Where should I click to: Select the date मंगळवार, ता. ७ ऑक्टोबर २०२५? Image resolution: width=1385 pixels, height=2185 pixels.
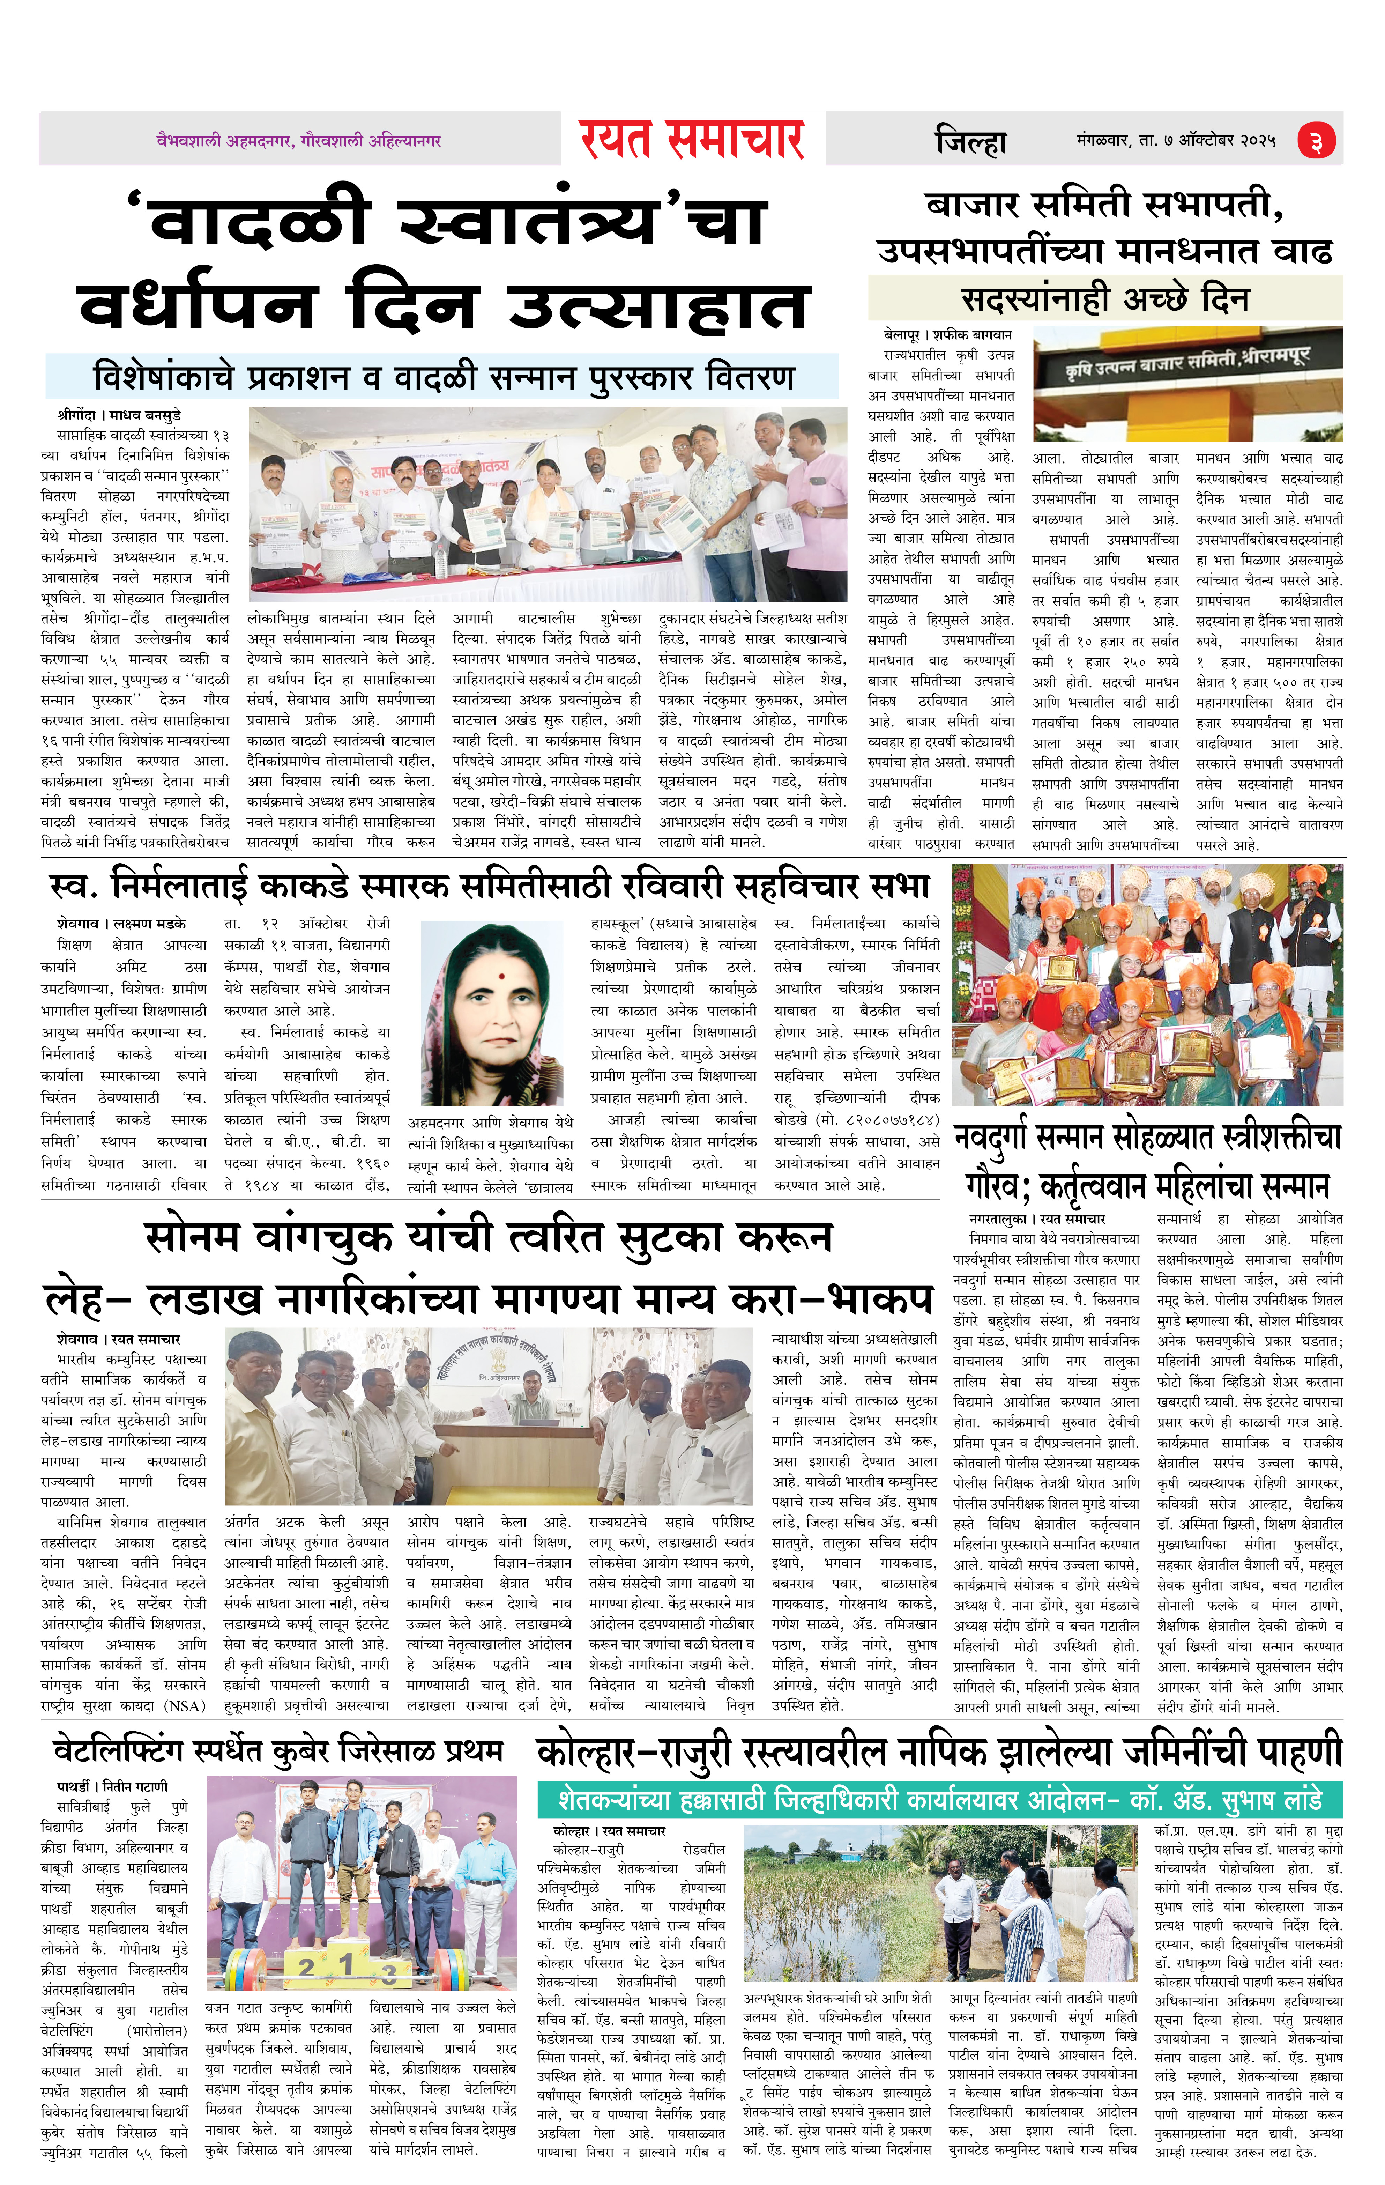click(x=1176, y=142)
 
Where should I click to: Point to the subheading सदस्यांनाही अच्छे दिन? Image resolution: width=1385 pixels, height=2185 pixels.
click(x=1105, y=298)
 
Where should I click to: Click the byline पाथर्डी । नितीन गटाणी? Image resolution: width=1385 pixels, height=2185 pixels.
click(x=112, y=1786)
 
